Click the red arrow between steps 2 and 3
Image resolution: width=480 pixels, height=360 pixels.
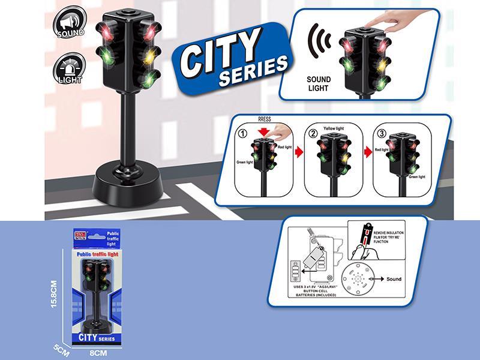click(365, 157)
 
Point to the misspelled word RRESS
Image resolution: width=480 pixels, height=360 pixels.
click(265, 119)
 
